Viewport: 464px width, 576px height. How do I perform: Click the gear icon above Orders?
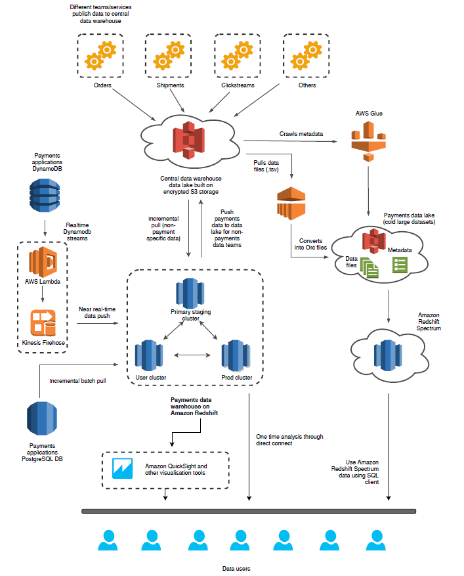[100, 55]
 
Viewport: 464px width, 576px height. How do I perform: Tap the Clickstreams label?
[238, 85]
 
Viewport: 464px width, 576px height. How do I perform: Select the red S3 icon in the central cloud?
[188, 140]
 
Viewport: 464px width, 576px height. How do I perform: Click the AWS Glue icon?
[369, 141]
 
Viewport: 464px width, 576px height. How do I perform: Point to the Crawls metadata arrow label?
[301, 134]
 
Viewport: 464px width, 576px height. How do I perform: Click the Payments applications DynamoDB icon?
[45, 196]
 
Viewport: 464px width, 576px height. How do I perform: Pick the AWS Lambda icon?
[43, 262]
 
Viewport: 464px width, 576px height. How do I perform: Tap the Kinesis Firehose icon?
[43, 322]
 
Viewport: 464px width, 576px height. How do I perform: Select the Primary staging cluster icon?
[190, 293]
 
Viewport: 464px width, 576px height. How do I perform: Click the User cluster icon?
[149, 355]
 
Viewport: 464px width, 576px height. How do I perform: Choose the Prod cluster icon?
[236, 355]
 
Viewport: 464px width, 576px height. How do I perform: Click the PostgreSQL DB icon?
[42, 418]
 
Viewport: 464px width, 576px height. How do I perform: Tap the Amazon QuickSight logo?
[122, 468]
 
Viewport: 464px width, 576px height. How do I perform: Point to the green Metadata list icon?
[400, 265]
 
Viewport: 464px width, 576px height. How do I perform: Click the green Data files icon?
[369, 267]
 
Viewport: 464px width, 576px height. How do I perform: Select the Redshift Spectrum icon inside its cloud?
[388, 355]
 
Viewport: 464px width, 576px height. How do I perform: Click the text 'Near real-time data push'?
[97, 313]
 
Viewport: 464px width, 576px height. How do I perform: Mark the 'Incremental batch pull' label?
[78, 381]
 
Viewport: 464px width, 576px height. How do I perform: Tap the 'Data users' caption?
[236, 569]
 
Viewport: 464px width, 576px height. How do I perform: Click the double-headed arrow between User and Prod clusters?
[192, 355]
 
